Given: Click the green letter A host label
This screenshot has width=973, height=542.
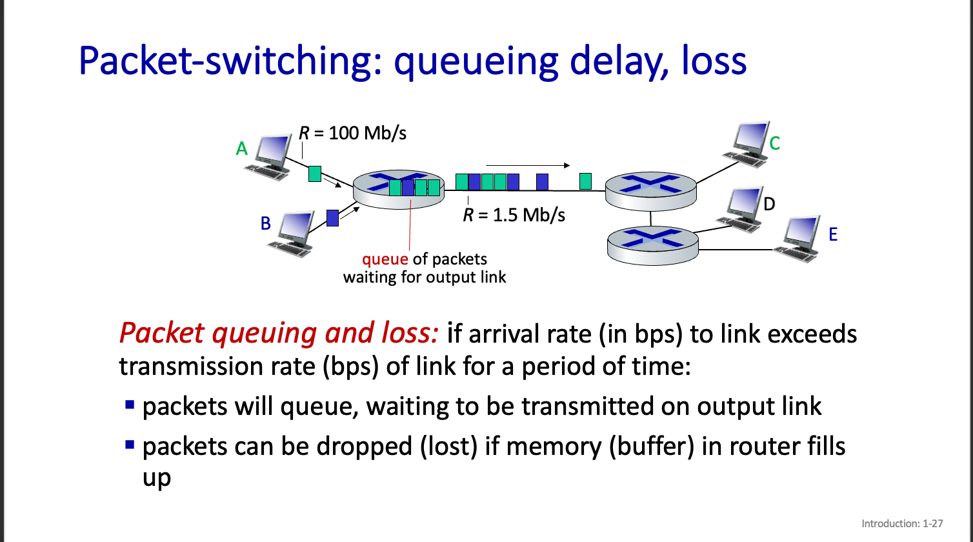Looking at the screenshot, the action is pos(242,149).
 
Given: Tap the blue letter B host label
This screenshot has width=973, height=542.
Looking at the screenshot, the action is pos(265,223).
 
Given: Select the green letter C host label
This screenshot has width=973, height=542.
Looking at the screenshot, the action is pos(774,143).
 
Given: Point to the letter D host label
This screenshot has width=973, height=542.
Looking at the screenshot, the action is pos(768,205).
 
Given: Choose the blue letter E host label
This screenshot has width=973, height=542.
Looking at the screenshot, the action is pos(832,234).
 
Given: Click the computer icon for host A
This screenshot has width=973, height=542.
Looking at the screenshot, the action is pos(269,157).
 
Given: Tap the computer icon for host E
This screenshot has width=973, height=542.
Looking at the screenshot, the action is pos(801,239).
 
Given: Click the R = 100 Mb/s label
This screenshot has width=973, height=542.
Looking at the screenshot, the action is pos(352,133).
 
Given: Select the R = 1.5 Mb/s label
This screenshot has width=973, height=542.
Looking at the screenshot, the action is pos(514,215).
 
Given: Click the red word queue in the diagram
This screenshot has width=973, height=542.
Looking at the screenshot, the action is pos(385,259).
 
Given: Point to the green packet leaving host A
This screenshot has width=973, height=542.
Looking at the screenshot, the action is pos(315,174).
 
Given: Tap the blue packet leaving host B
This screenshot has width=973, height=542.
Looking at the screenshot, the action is pos(333,218).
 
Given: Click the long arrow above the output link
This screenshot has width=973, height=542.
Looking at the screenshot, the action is pos(528,166).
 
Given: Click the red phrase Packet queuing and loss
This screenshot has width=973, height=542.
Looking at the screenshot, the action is pos(279,334).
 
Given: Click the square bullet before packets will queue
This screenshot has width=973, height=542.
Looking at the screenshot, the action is pos(130,405).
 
